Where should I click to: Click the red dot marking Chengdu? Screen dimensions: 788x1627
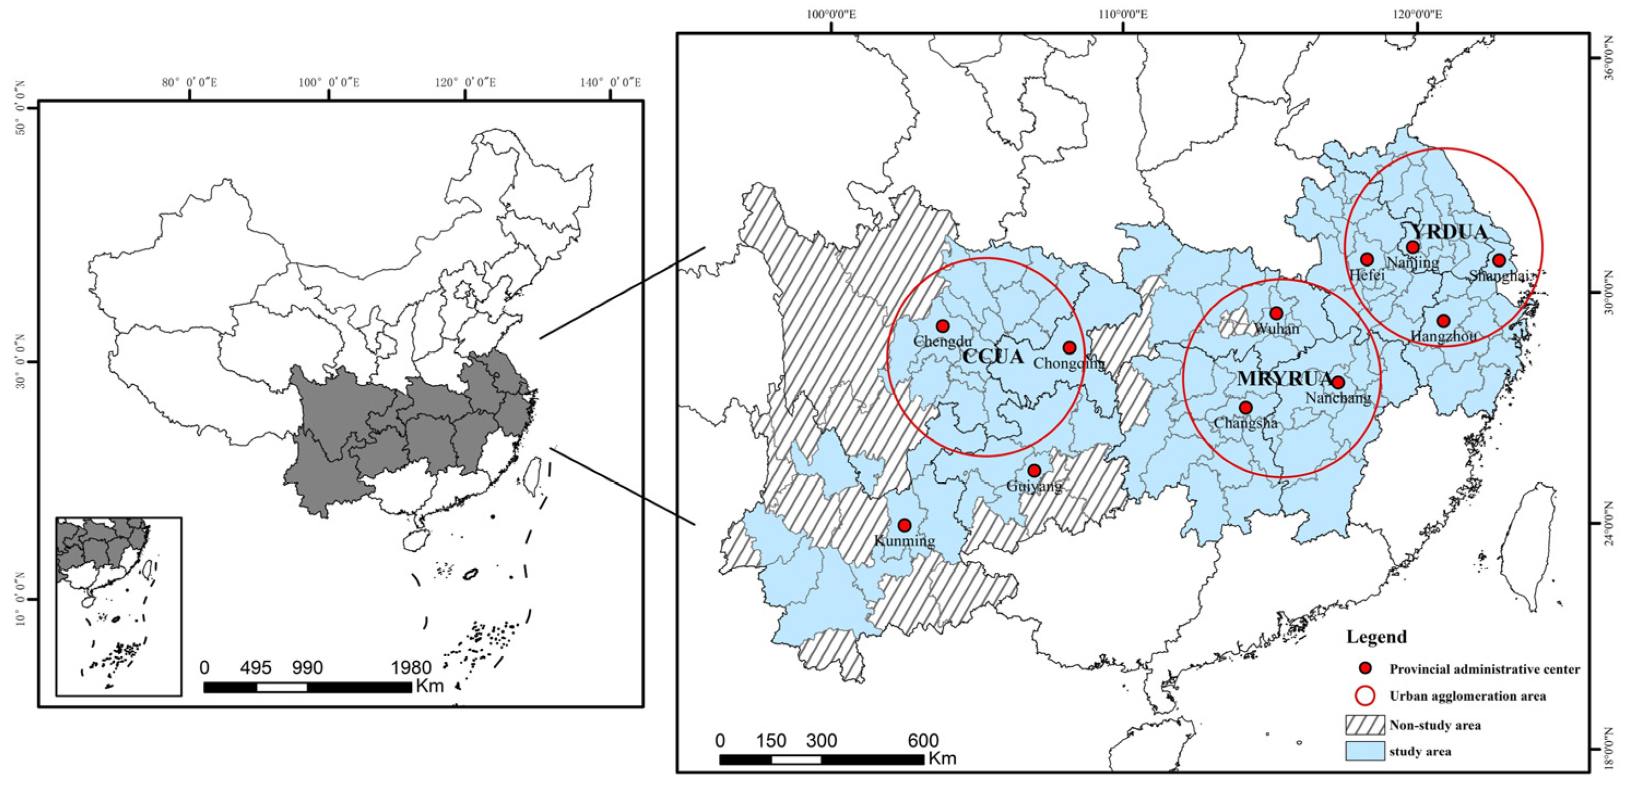tap(942, 326)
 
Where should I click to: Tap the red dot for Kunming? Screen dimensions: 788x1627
tap(904, 525)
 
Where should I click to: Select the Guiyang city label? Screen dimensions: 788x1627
tap(1034, 486)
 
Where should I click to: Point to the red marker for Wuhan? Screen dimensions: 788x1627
tap(1276, 313)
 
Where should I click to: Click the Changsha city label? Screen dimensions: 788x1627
tap(1245, 423)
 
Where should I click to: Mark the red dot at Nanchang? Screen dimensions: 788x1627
tap(1338, 382)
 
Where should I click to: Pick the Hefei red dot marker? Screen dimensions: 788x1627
tap(1367, 259)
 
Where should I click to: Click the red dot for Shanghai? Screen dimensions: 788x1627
tap(1499, 260)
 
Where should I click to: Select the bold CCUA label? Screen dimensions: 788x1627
tap(993, 357)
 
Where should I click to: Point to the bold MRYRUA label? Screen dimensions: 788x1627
tap(1284, 378)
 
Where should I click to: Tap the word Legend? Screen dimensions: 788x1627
tap(1376, 637)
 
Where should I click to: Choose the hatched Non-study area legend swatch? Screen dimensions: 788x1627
tap(1364, 724)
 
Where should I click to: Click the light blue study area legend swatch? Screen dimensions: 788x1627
tap(1364, 751)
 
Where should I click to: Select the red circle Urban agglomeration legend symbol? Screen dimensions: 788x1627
tap(1365, 696)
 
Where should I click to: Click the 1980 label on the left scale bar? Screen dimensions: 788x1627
tap(411, 667)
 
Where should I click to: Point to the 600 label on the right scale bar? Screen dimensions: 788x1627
tap(923, 740)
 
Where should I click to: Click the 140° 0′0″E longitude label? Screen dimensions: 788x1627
tap(609, 82)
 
